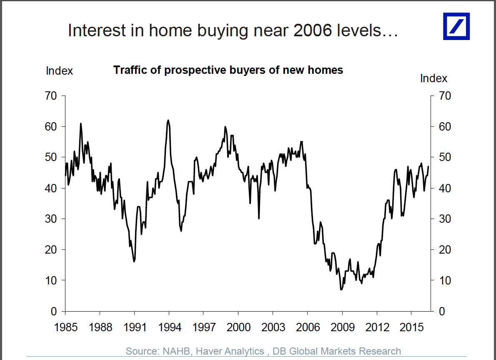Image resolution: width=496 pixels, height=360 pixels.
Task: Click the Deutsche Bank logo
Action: [x=456, y=26]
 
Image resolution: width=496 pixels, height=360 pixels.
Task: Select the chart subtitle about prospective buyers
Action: [x=228, y=70]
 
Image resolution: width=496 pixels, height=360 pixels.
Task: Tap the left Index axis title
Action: [x=59, y=71]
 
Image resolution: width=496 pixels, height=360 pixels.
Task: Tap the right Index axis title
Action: [x=433, y=78]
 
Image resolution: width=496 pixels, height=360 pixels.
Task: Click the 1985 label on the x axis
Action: [x=65, y=327]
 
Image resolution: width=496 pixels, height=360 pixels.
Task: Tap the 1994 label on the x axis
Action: [x=169, y=327]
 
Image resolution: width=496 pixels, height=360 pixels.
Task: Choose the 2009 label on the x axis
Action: [x=342, y=327]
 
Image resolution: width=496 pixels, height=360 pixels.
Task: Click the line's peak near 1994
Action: [x=168, y=120]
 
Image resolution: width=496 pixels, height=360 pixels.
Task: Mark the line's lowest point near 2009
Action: [x=341, y=290]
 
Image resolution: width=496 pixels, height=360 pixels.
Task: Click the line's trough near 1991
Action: [x=134, y=262]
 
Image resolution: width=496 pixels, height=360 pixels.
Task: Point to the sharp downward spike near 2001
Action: [x=259, y=218]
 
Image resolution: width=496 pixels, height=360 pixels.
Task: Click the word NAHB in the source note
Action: [x=174, y=351]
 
